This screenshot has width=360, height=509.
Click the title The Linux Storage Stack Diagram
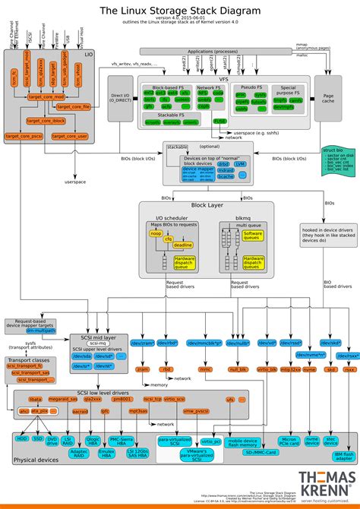[180, 11]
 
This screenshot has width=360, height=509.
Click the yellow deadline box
[182, 245]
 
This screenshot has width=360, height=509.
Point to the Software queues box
[253, 236]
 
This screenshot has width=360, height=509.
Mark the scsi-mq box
[97, 323]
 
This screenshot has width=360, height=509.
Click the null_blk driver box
[238, 347]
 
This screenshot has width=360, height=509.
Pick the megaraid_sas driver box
[64, 398]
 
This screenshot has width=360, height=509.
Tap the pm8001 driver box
[121, 398]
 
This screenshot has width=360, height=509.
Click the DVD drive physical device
[52, 440]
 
